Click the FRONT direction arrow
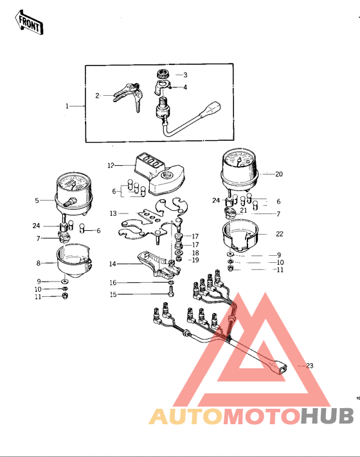tap(29, 23)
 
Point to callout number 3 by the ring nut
tap(185, 75)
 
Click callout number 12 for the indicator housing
tap(111, 166)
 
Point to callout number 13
tap(113, 213)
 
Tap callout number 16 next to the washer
tap(113, 283)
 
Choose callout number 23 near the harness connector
tap(310, 366)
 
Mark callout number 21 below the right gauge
tap(244, 210)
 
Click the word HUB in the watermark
tap(327, 416)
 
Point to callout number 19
tap(195, 260)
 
